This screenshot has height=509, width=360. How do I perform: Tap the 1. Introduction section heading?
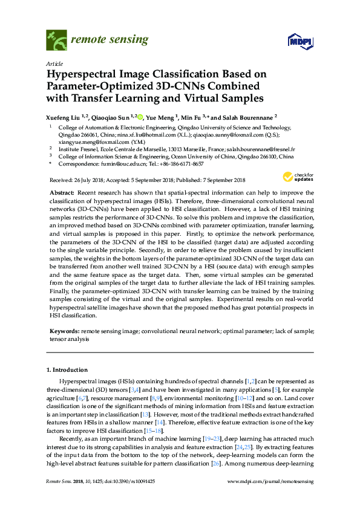pyautogui.click(x=67, y=369)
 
